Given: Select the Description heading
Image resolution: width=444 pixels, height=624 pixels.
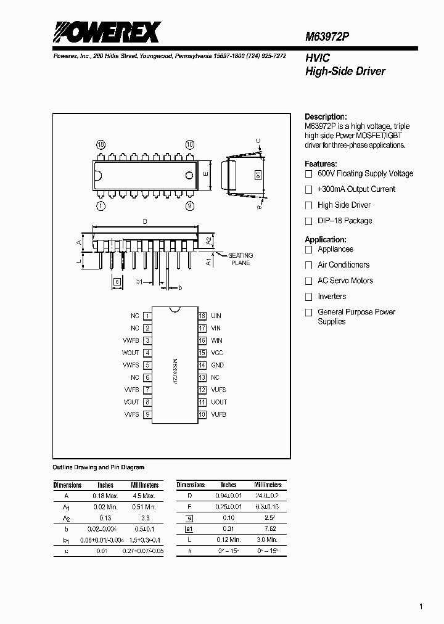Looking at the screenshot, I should (x=326, y=117).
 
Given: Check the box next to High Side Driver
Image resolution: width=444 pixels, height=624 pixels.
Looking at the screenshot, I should (x=309, y=205).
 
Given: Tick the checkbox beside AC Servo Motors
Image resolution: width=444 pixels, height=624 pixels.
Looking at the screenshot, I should (x=309, y=281).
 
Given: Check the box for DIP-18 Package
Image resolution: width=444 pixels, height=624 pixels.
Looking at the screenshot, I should (x=309, y=221).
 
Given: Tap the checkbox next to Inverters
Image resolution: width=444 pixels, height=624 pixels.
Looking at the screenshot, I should (x=309, y=297).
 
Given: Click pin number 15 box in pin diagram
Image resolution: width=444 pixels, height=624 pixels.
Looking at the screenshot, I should (x=202, y=353).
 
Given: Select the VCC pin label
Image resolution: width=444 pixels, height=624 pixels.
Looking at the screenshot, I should (x=217, y=353).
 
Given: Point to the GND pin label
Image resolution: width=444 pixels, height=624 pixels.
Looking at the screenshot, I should (x=217, y=365).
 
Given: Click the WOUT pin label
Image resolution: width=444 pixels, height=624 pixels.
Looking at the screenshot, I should (x=130, y=353).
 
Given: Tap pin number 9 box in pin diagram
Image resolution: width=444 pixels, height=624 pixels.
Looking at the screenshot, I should (x=147, y=414).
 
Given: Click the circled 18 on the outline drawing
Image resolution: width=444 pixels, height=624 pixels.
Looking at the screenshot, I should (x=101, y=144).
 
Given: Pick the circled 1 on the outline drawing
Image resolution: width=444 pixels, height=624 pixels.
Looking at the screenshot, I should (x=101, y=206).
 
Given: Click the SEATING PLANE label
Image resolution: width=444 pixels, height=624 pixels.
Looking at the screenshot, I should (x=240, y=259).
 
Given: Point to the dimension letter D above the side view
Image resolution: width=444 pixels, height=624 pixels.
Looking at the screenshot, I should (x=144, y=220).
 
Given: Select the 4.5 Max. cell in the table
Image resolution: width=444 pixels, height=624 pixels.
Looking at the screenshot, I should (x=144, y=495).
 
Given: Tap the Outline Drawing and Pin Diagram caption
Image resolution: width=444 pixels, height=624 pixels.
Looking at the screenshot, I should (x=99, y=467).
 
